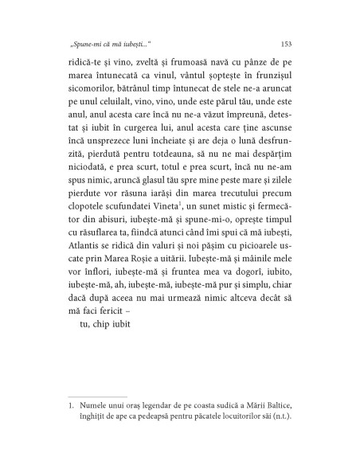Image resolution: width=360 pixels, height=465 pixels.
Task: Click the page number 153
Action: pyautogui.click(x=286, y=44)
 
